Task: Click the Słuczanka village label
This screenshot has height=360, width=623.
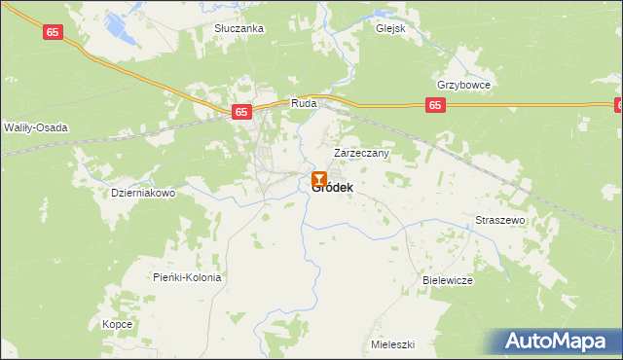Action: point(239,29)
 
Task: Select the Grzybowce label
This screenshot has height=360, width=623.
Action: point(463,85)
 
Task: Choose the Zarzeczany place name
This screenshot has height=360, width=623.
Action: point(362,153)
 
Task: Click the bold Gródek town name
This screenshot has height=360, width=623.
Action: point(333,187)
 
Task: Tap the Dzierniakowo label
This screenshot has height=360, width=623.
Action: point(143,193)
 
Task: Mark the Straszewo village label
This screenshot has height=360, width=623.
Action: point(500,221)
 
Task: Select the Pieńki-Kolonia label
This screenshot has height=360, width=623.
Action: point(188,277)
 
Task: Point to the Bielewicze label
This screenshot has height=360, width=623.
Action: point(448,280)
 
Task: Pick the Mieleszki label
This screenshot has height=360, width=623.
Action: point(393,344)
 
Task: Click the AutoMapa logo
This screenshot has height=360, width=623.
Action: point(560,341)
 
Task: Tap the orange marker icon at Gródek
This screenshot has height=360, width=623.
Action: point(319,178)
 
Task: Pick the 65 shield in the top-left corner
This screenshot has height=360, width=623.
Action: point(55,32)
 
